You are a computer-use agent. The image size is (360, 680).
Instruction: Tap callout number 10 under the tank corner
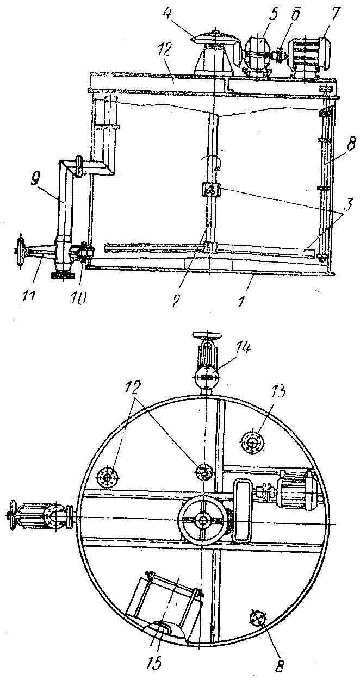pos(79,297)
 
